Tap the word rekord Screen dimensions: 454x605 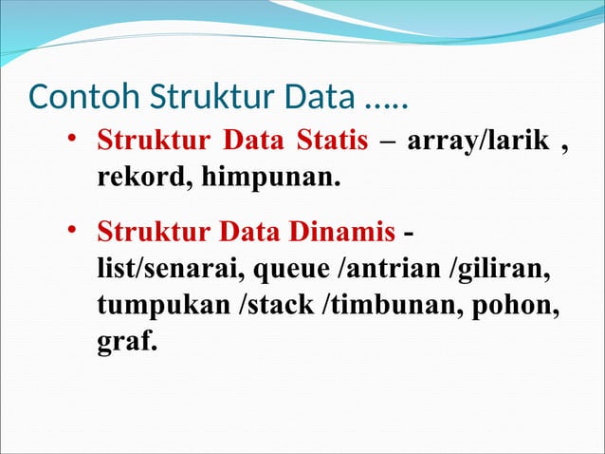[x=137, y=176]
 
